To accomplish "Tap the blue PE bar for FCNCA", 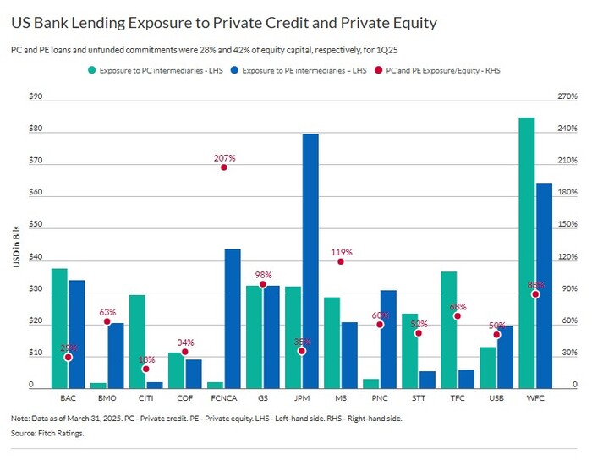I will pyautogui.click(x=233, y=318).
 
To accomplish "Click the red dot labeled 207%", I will pyautogui.click(x=224, y=167).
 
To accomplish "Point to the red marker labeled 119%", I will pyautogui.click(x=341, y=262).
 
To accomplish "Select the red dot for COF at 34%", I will pyautogui.click(x=185, y=352).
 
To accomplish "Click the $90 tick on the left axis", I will pyautogui.click(x=36, y=97).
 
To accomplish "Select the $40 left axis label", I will pyautogui.click(x=36, y=258).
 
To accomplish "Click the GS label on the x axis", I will pyautogui.click(x=263, y=397).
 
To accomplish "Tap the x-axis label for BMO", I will pyautogui.click(x=107, y=397).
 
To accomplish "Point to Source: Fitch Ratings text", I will pyautogui.click(x=47, y=434).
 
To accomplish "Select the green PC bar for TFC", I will pyautogui.click(x=448, y=329).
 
